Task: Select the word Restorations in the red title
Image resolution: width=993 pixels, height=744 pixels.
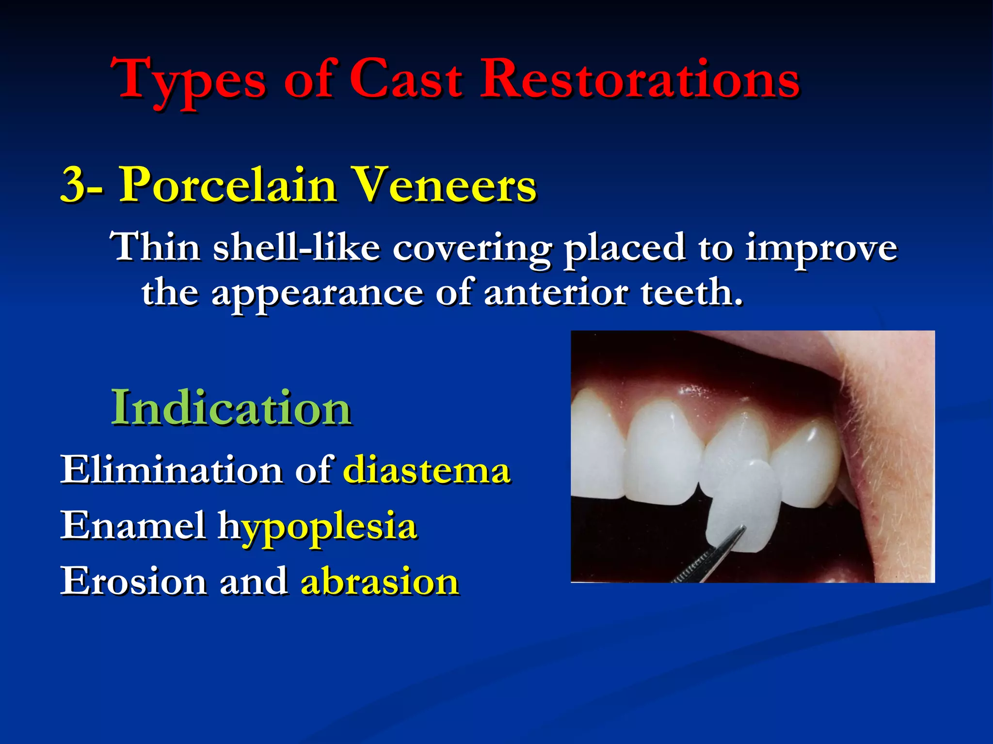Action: (639, 78)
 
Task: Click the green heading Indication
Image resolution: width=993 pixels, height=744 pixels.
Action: (231, 408)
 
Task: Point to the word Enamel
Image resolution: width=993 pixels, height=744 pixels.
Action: (133, 526)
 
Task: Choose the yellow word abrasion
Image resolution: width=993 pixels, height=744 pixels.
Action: (380, 582)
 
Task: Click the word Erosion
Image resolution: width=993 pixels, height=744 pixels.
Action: (133, 582)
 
